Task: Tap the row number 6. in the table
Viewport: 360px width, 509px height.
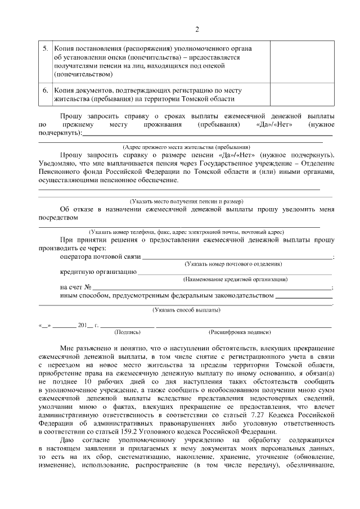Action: click(x=46, y=90)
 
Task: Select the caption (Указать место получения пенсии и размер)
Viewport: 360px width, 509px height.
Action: click(x=186, y=201)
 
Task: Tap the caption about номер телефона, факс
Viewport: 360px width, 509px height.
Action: click(x=186, y=232)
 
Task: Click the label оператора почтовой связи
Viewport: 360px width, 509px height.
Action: click(x=100, y=256)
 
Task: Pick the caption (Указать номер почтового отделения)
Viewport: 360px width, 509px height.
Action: click(x=233, y=264)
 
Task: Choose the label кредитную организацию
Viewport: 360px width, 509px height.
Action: click(x=98, y=272)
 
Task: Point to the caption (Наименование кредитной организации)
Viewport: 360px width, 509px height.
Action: click(x=236, y=280)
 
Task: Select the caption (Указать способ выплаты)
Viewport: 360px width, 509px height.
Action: click(x=186, y=310)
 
